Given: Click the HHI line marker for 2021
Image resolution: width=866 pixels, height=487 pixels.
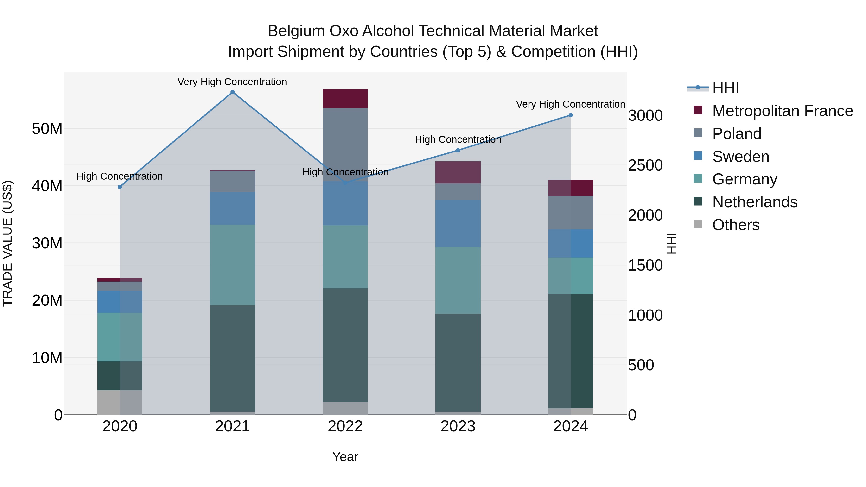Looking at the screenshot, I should (232, 92).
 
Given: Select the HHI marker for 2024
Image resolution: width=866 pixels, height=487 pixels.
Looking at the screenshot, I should (571, 115).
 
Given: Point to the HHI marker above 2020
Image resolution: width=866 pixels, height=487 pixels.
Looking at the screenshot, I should (120, 187).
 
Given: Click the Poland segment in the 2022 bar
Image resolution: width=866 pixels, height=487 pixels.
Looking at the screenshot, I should (345, 145).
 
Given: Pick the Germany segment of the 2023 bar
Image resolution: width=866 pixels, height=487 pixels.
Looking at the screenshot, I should (458, 280).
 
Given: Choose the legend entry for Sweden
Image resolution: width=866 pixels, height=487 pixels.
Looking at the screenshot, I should (741, 157).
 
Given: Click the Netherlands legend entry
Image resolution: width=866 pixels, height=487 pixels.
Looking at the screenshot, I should (755, 202).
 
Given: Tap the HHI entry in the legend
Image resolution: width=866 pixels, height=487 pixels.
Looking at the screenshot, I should (726, 88).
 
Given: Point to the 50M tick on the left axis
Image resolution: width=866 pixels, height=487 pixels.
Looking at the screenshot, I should (47, 129).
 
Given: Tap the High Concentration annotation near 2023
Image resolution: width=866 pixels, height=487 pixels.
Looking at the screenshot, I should (458, 139).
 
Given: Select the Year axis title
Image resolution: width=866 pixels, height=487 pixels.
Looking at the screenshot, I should (345, 457).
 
